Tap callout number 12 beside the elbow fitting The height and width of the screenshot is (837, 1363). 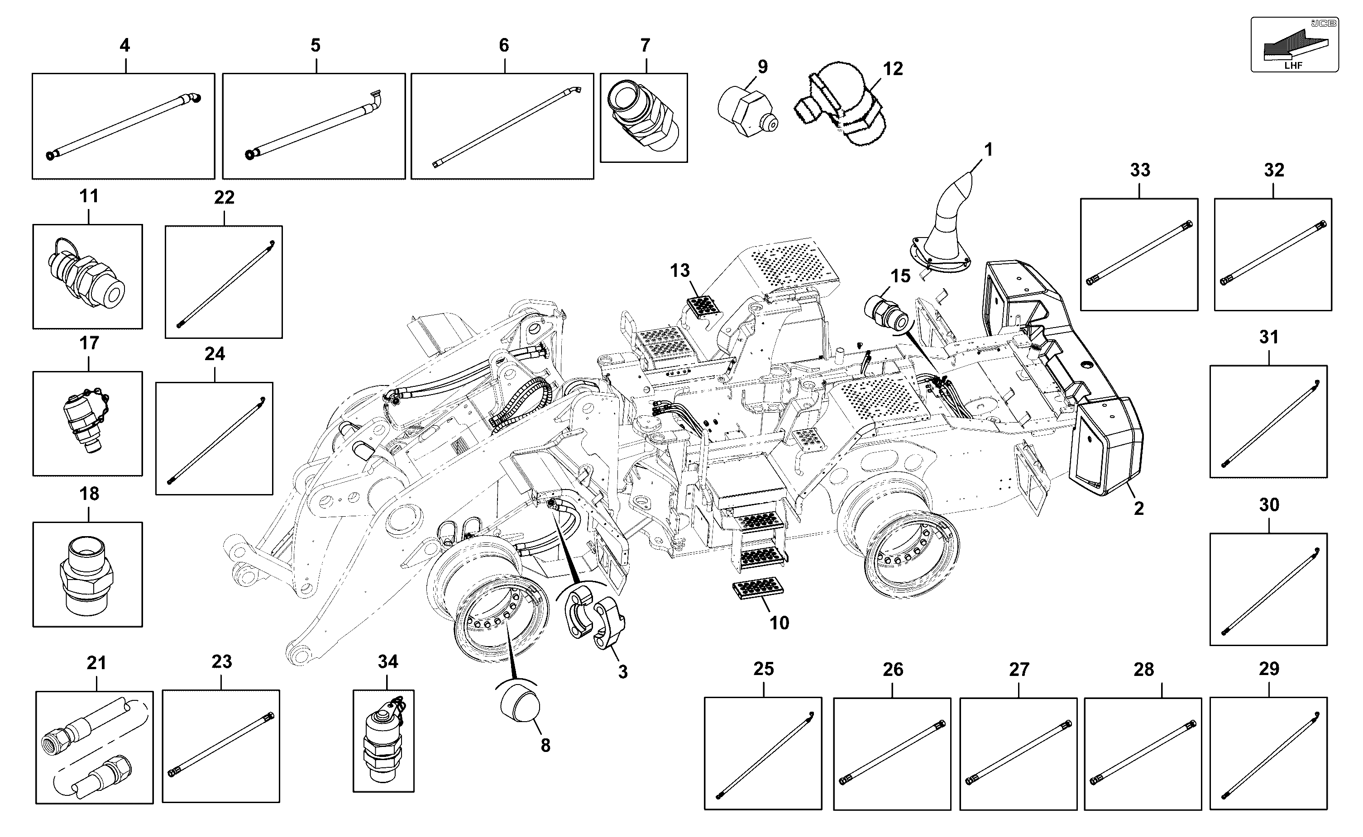[x=892, y=69]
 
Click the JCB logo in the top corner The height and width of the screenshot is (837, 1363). [x=1324, y=23]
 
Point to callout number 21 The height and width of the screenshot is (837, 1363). [x=96, y=663]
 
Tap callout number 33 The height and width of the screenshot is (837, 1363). [x=1140, y=170]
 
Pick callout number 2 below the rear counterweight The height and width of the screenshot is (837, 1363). [x=1138, y=508]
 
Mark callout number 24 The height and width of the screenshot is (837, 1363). [x=215, y=354]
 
